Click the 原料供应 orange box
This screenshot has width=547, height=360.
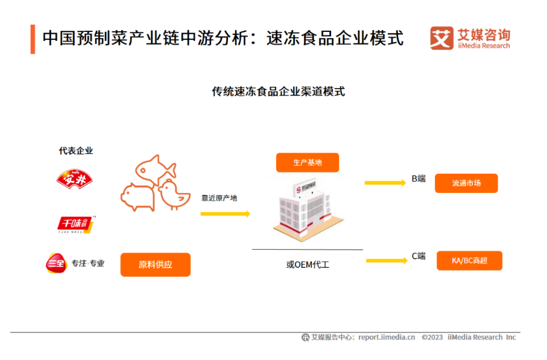155,264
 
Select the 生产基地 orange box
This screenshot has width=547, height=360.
308,163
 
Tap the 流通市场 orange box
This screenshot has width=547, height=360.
466,183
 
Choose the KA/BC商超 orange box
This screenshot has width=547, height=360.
469,260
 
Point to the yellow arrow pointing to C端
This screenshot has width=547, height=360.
387,260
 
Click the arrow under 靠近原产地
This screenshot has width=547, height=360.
225,213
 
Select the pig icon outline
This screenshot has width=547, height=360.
138,198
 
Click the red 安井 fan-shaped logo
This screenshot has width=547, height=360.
75,179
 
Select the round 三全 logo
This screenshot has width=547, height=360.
56,264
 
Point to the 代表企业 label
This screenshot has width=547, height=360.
76,151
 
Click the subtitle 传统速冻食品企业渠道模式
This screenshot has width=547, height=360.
278,92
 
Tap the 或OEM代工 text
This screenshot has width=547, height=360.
308,264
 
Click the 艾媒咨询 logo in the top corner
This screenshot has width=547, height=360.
470,38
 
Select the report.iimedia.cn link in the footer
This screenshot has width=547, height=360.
387,337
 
